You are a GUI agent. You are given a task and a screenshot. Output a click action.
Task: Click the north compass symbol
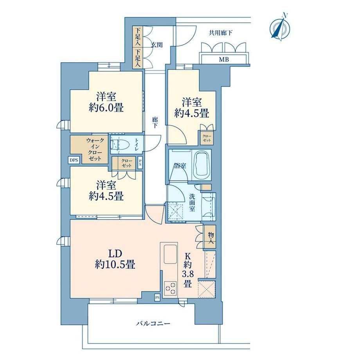(280, 28)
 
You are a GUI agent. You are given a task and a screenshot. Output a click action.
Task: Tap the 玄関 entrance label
(157, 45)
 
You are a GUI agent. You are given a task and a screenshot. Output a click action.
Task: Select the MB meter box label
(223, 60)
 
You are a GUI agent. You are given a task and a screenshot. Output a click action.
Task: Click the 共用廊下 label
(220, 33)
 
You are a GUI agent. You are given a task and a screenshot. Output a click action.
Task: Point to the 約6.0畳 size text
(106, 108)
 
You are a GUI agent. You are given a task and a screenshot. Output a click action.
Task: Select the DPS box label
(74, 160)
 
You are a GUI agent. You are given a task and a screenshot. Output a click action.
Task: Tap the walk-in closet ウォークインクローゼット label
(95, 149)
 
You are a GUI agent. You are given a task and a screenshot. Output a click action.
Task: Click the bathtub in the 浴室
(202, 165)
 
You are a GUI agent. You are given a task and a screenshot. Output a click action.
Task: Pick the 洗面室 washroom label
(192, 203)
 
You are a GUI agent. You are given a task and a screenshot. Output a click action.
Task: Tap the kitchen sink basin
(170, 254)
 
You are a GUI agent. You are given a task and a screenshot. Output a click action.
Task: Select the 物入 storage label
(211, 238)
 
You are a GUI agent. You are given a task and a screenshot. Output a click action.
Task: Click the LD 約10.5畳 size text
(115, 259)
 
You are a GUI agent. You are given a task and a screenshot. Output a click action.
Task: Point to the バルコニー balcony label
(153, 324)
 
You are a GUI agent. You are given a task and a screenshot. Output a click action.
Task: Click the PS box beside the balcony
(157, 297)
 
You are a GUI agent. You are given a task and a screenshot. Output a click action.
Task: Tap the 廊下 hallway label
(155, 122)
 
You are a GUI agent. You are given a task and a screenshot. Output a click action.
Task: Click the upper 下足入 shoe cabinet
(137, 37)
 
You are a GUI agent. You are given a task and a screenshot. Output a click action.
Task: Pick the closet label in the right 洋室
(207, 138)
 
